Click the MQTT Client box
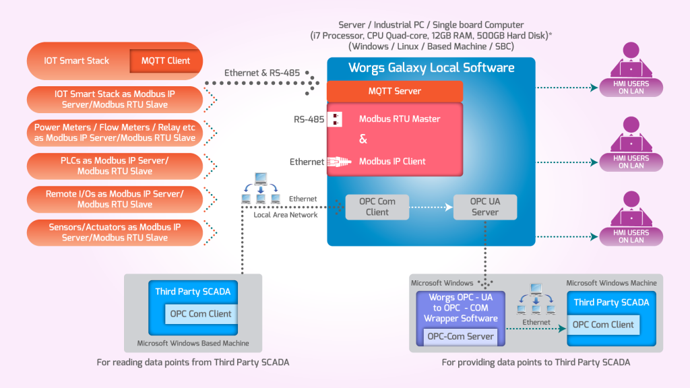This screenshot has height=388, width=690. [166, 61]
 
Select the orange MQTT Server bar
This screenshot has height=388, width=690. [395, 91]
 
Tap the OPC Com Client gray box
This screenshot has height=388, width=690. [377, 207]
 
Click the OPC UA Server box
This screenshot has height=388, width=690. [484, 207]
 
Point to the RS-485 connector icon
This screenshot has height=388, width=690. [335, 119]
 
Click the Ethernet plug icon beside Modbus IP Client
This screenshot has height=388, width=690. [336, 162]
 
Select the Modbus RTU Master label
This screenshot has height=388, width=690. [400, 119]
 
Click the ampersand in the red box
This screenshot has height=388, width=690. [363, 139]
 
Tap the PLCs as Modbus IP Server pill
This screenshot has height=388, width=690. [115, 166]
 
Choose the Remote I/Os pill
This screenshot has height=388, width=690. [115, 199]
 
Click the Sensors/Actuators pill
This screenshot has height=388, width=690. [115, 232]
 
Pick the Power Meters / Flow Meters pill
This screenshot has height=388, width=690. [115, 133]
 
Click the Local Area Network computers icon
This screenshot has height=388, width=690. [260, 189]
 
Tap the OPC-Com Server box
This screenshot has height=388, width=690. [462, 336]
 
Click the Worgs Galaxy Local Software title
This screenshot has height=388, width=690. [431, 68]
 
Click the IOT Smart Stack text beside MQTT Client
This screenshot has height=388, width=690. [77, 61]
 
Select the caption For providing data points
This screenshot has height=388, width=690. [536, 362]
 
